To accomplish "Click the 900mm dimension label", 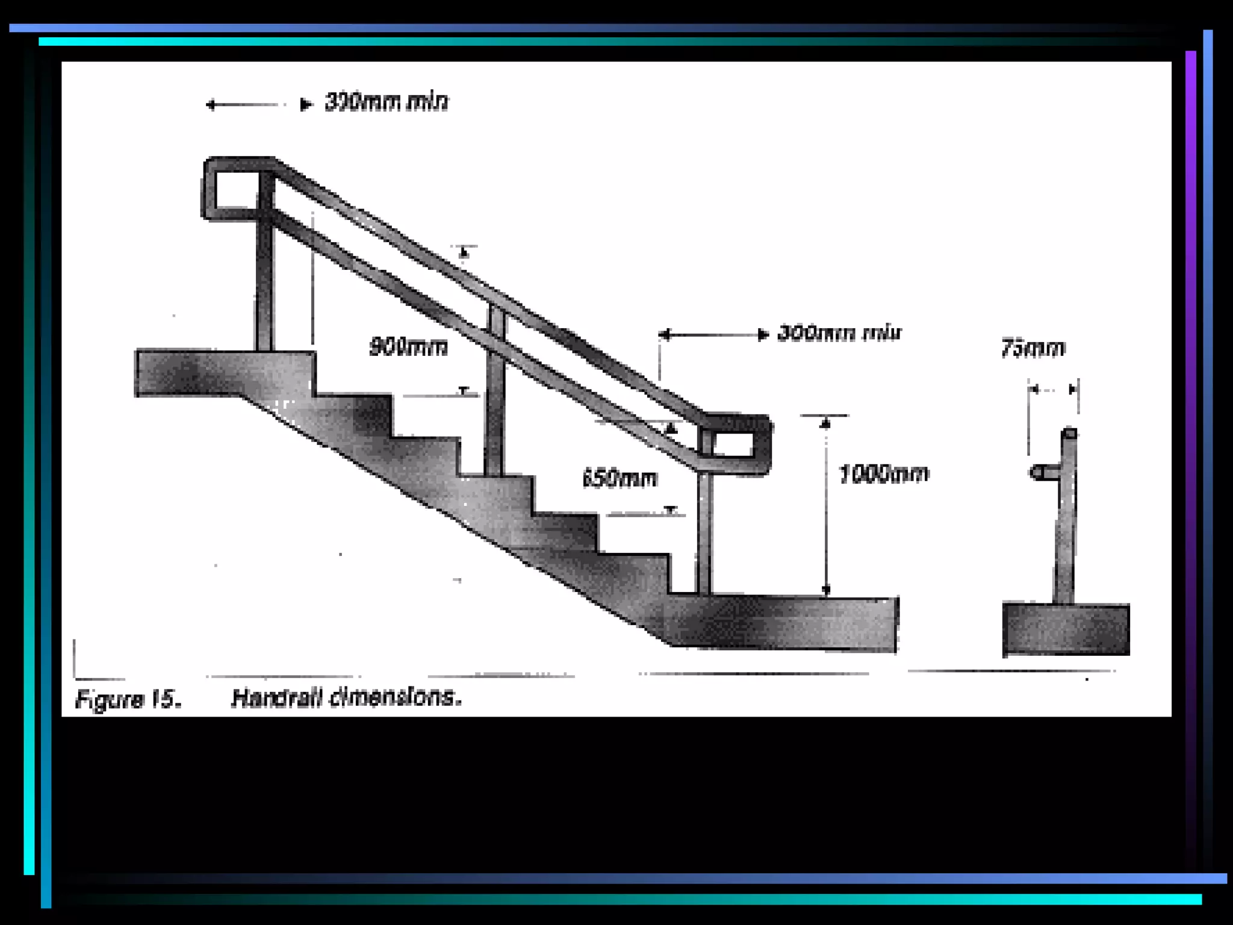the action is coord(408,347).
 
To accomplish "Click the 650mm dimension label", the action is coord(620,479).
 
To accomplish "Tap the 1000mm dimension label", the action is coord(883,475).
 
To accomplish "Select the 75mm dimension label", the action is coord(1033,349).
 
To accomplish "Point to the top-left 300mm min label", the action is coord(386,102).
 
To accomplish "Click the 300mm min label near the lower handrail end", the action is coord(839,333).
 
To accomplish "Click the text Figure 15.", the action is coord(128,699).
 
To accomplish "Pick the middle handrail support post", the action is coord(494,391).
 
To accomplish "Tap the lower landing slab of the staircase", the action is coord(783,623).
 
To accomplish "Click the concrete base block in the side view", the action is coord(1066,629).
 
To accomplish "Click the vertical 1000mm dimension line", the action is coord(826,506).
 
